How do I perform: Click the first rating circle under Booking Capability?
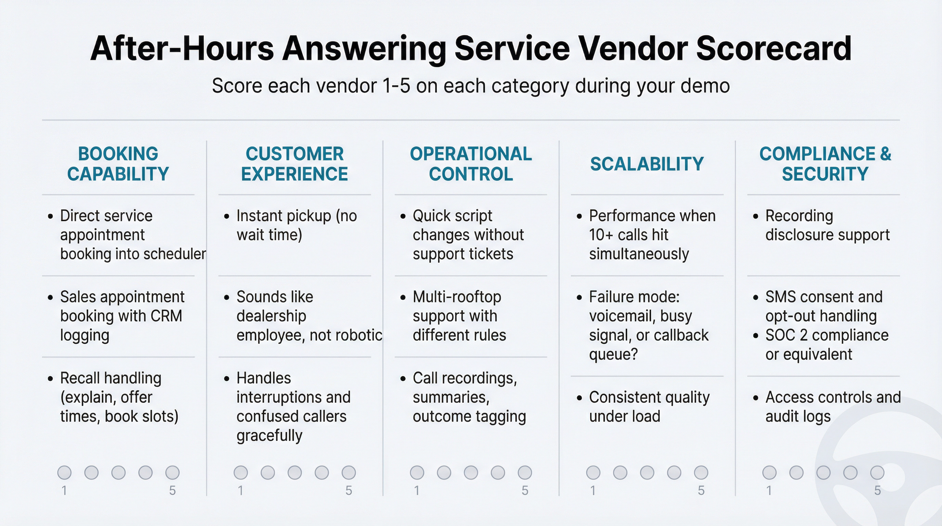click(64, 472)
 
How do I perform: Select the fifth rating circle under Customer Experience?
click(348, 472)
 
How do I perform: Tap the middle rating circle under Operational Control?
click(471, 472)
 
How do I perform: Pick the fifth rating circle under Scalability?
click(701, 472)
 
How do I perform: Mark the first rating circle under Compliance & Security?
click(769, 472)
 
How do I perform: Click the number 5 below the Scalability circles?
click(701, 490)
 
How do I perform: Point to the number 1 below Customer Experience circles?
click(240, 490)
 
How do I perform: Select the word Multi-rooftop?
click(457, 297)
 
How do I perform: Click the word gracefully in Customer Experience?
click(269, 435)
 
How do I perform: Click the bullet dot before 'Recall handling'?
click(50, 379)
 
